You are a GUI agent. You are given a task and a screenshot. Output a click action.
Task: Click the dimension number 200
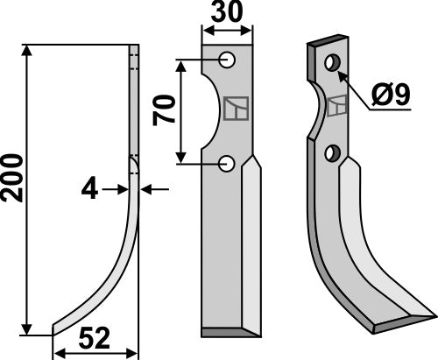pos(12,180)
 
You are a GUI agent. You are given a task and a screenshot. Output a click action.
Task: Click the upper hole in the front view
pos(227,60)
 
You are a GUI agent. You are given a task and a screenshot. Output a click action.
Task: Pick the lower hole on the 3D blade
pos(331,153)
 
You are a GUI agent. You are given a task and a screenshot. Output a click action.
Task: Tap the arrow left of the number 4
pos(123,187)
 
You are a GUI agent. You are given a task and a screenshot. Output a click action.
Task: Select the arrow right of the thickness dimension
pos(145,187)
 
